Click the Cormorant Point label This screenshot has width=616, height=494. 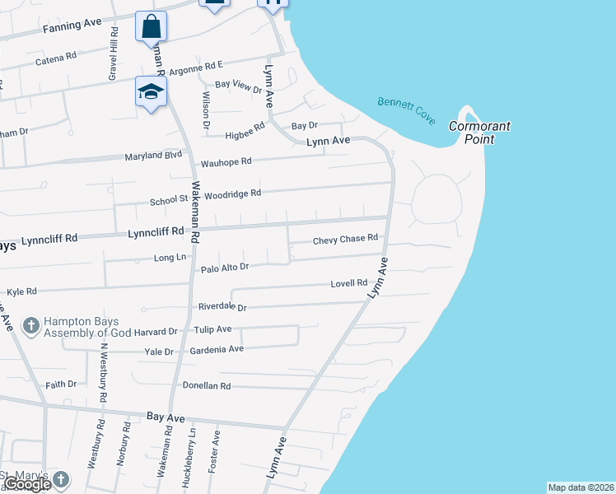479,133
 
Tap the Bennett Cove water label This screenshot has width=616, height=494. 406,111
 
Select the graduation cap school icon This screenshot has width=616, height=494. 152,91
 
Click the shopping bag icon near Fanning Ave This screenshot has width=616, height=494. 152,26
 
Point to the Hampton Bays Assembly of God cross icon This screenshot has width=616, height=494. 31,326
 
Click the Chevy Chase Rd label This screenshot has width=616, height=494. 345,240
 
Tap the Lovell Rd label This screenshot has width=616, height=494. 348,283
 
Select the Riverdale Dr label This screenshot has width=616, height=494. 222,306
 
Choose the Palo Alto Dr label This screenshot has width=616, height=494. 224,268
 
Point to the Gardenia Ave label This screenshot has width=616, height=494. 217,349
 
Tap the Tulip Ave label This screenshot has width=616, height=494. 212,329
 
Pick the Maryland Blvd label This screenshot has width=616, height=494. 152,156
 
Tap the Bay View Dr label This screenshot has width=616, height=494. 237,85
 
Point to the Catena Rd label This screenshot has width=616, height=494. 56,61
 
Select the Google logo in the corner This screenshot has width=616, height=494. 27,484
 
